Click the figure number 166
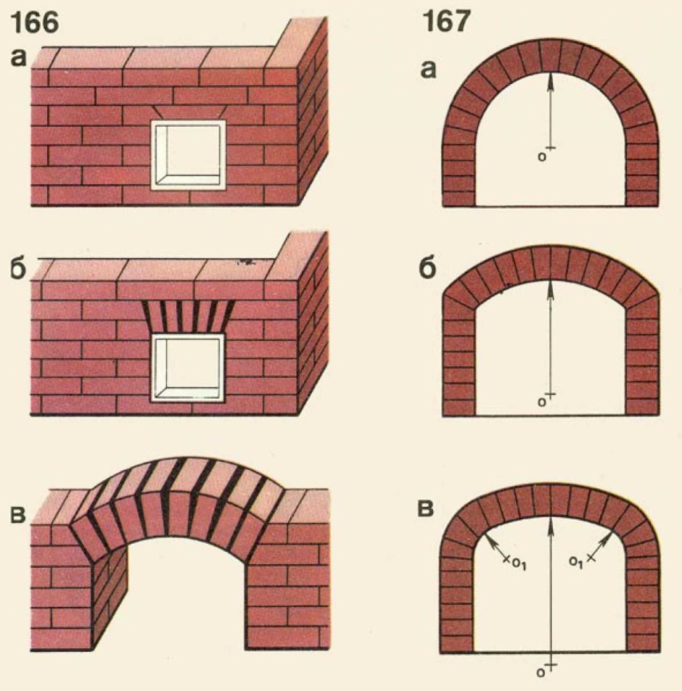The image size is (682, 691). coord(34,23)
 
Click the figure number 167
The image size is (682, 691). coord(446,22)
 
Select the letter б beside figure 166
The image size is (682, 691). coord(19,269)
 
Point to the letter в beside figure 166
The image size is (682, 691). coord(18,514)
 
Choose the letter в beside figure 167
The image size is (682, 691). coord(426,508)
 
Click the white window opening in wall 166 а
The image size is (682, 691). coord(188,154)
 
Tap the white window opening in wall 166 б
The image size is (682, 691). coord(188,368)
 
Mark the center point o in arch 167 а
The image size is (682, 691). coord(543,157)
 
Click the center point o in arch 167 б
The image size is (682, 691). coord(542,402)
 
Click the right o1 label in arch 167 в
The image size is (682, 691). coord(575,563)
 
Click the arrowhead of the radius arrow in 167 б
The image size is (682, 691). coord(550,288)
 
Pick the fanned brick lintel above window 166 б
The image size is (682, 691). coord(188,316)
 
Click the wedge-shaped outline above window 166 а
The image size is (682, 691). coord(189,112)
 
